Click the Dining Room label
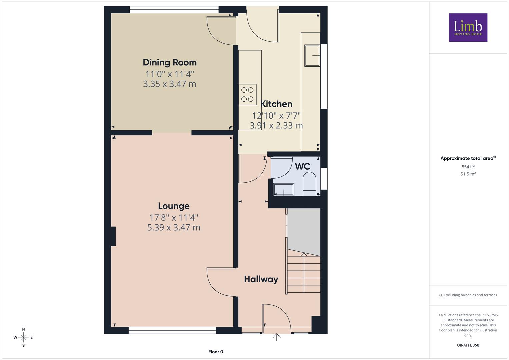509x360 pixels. click(170, 63)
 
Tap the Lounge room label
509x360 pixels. click(174, 206)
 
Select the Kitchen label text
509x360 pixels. click(276, 104)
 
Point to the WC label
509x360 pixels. click(302, 167)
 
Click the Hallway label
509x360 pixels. click(261, 279)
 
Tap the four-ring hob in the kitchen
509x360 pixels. click(247, 95)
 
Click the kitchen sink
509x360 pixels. click(312, 55)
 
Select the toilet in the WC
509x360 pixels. click(309, 184)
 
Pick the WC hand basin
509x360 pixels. click(284, 190)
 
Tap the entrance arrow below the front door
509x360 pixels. click(277, 337)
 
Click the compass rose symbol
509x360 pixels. click(23, 337)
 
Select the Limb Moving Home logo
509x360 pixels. click(468, 27)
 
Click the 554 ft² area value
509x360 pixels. click(468, 167)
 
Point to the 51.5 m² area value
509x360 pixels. click(468, 174)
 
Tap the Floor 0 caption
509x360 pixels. click(216, 352)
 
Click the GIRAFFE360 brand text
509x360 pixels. click(468, 345)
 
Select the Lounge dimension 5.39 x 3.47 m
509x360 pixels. click(174, 227)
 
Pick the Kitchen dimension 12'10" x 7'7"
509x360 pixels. click(276, 116)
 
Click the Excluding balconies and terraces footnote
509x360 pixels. click(468, 295)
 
